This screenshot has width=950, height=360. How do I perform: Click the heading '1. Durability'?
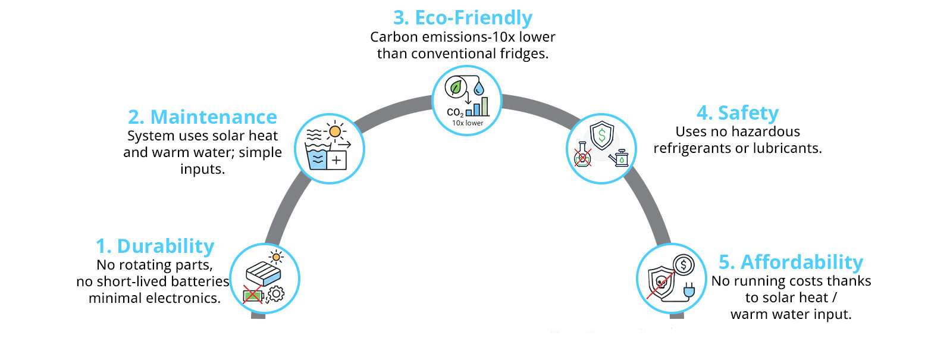pyautogui.click(x=155, y=246)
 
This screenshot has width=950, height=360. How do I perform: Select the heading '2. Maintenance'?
pyautogui.click(x=202, y=117)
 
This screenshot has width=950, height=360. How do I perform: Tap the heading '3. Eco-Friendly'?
pyautogui.click(x=463, y=18)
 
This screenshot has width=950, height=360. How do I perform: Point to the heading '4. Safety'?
pyautogui.click(x=738, y=113)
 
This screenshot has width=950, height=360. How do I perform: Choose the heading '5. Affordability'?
pyautogui.click(x=791, y=262)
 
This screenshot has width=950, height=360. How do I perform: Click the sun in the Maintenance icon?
pyautogui.click(x=336, y=131)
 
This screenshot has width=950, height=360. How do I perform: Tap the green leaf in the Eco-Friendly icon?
pyautogui.click(x=456, y=88)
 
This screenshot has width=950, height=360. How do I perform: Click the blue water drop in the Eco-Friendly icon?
pyautogui.click(x=479, y=89)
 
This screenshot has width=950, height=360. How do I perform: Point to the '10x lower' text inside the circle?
pyautogui.click(x=468, y=123)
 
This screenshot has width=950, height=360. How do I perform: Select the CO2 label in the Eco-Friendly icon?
pyautogui.click(x=455, y=112)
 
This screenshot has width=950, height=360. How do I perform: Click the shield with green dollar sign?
pyautogui.click(x=601, y=135)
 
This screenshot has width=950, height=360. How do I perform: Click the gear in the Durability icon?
pyautogui.click(x=275, y=293)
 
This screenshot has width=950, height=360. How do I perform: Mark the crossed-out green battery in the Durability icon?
pyautogui.click(x=253, y=295)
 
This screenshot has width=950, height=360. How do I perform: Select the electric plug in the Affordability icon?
pyautogui.click(x=689, y=290)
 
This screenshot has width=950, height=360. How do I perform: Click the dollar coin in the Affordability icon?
pyautogui.click(x=684, y=265)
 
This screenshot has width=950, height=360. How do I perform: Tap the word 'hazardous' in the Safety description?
pyautogui.click(x=764, y=132)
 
